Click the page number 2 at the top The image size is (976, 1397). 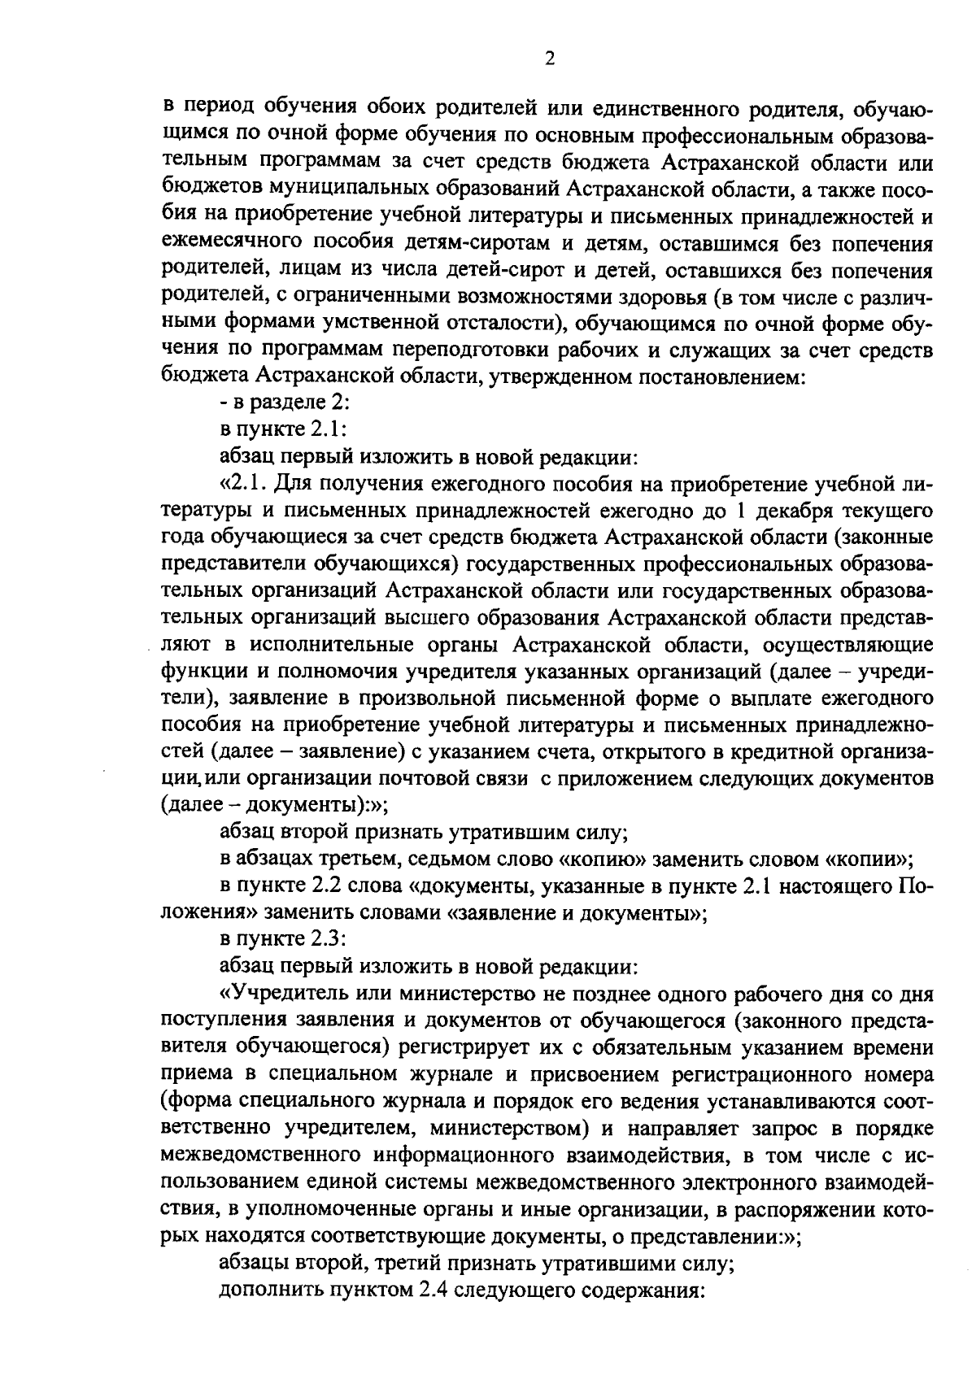tap(549, 59)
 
